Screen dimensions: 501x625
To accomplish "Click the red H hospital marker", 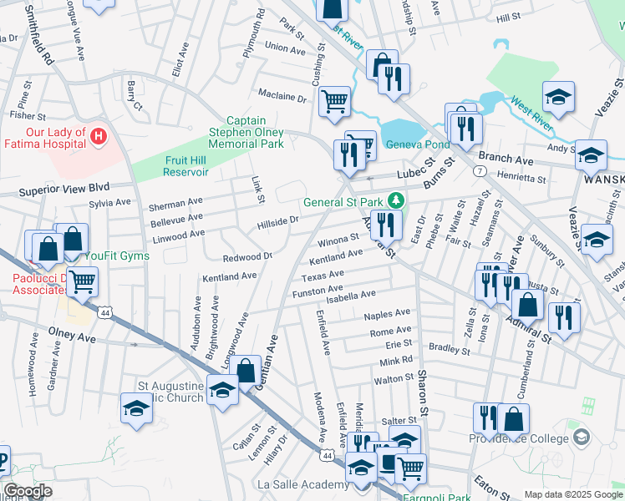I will [x=99, y=135].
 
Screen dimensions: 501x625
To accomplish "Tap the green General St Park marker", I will [x=399, y=201].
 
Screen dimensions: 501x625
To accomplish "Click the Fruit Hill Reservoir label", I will [x=175, y=167].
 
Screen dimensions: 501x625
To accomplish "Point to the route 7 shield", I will [x=480, y=170].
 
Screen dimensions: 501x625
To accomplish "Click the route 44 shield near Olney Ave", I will [x=105, y=312].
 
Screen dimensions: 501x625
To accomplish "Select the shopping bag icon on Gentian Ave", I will [x=246, y=371].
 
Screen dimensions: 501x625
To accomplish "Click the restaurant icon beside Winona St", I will [x=385, y=224].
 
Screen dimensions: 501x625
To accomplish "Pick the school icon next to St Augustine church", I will [x=222, y=392].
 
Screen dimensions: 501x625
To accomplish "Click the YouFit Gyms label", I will [x=116, y=256].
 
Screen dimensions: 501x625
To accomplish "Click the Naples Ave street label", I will [x=387, y=315].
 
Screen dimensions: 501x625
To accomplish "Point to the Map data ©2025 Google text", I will [x=572, y=494].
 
